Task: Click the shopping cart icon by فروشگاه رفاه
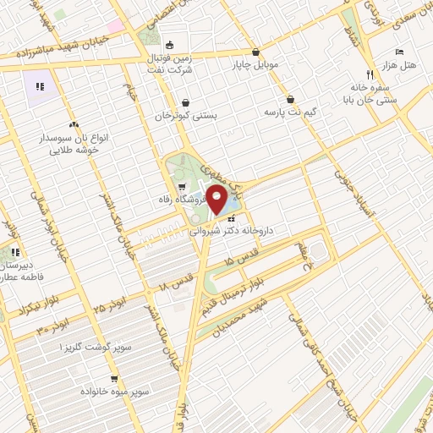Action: [x=183, y=187]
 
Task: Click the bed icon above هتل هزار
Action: [x=398, y=51]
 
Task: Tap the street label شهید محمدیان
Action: [x=240, y=315]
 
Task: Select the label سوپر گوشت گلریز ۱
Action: [x=94, y=348]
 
